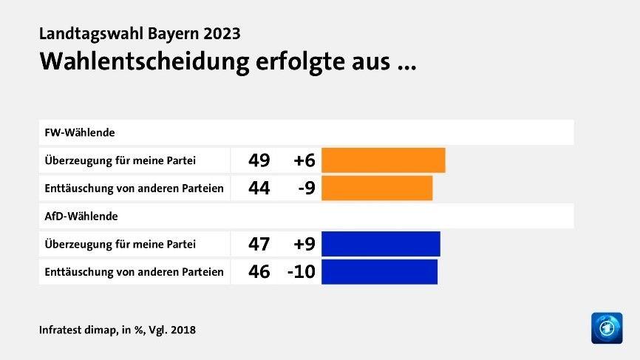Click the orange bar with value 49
tap(383, 160)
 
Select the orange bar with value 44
tap(377, 188)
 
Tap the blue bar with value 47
tap(381, 244)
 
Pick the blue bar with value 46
tap(379, 271)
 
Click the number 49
tap(259, 160)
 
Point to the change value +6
tap(304, 160)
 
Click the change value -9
tap(307, 188)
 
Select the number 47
tap(259, 244)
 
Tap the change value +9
tap(304, 244)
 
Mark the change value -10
tap(302, 271)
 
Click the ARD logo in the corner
tap(607, 327)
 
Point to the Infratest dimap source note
tap(118, 330)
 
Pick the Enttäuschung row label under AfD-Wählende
tap(134, 271)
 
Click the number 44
tap(259, 188)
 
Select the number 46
tap(259, 271)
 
